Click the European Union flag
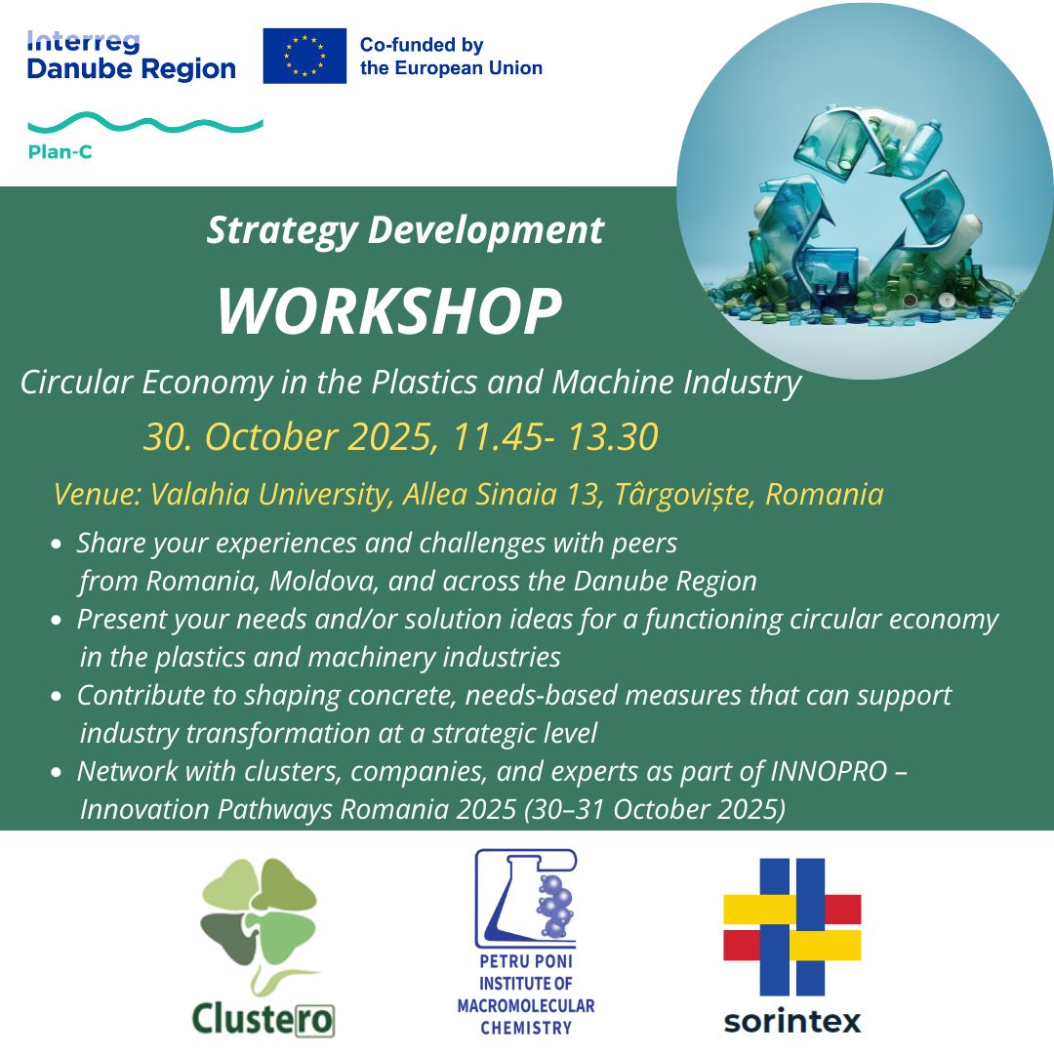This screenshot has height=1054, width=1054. pos(304,56)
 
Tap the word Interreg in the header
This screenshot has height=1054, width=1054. pos(83,42)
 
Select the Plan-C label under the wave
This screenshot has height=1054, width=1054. pos(60,152)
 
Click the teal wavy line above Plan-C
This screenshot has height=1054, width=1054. pos(145,123)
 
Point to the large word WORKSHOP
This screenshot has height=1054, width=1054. pos(389,310)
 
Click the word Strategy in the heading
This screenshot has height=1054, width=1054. pos(282,231)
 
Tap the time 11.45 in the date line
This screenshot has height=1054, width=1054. pos(498,437)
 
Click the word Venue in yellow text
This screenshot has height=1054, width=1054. pos(98,494)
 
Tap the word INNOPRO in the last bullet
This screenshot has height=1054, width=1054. pos(829,771)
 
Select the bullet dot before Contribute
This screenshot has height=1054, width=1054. pos(57,697)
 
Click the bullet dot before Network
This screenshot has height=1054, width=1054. pos(57,772)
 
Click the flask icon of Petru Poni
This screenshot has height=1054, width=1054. pos(526,898)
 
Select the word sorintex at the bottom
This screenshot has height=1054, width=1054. pos(791,1021)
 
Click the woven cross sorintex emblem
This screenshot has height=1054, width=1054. pos(791,927)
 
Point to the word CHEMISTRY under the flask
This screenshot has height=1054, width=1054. pos(526,1028)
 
